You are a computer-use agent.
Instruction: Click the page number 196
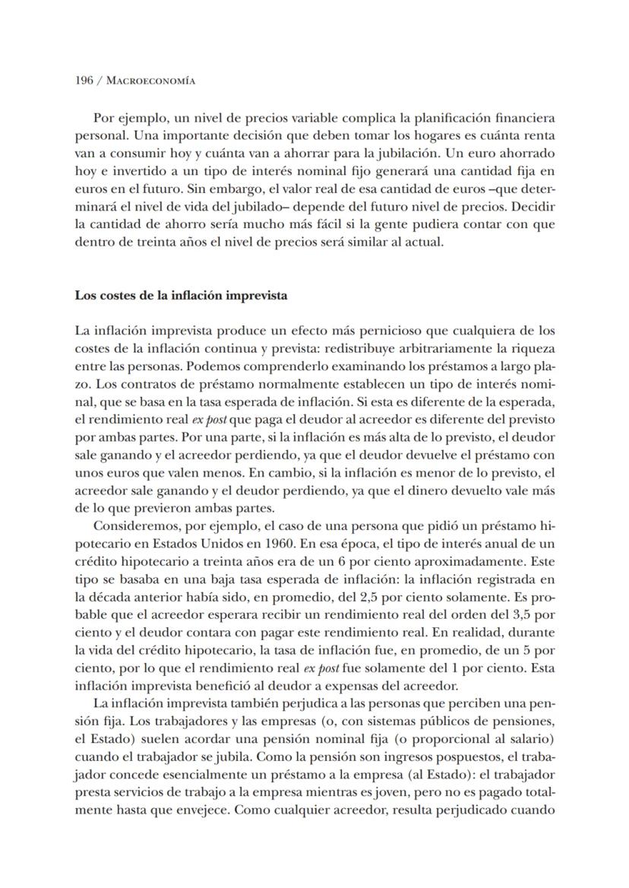coord(84,81)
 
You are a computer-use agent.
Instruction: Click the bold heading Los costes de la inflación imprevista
coord(181,295)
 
